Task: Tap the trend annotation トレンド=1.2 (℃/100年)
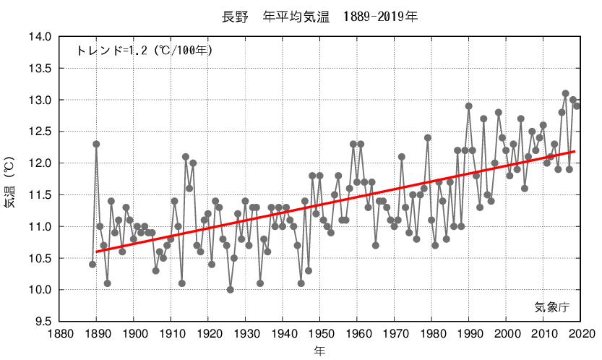144,51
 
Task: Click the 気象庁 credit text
552,307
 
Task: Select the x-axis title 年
319,351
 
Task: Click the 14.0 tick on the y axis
40,37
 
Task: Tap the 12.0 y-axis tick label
40,163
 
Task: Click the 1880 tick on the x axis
59,333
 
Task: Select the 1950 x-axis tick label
319,333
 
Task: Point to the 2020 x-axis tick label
580,333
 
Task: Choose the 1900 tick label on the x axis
134,333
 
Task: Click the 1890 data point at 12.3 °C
96,144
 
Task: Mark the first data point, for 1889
93,265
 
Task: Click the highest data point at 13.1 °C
565,93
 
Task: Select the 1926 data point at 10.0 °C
231,290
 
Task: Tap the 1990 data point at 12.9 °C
468,106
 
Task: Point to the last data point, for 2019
577,106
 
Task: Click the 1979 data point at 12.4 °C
428,137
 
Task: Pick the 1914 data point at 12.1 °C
186,157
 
